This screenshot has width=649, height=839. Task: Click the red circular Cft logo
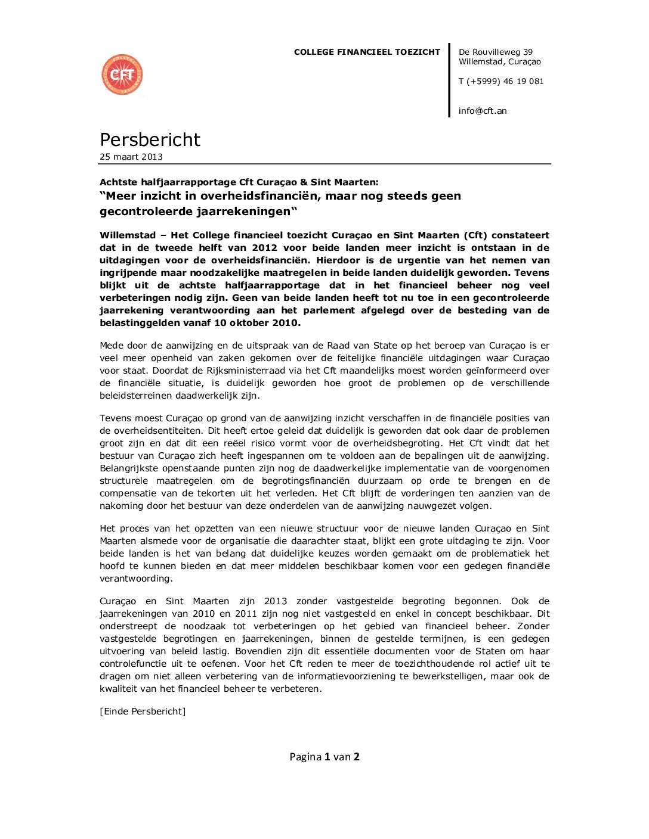(x=122, y=74)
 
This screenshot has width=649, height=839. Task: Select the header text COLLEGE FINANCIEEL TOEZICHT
(x=367, y=52)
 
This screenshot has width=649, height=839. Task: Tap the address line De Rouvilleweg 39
(x=495, y=52)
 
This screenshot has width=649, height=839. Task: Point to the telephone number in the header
(x=501, y=81)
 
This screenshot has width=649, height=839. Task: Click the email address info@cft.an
(x=483, y=111)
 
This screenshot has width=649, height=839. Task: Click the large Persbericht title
(x=150, y=139)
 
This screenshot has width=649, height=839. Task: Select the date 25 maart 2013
(x=131, y=157)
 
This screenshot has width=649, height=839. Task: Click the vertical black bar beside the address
(x=449, y=80)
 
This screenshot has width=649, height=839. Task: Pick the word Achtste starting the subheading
(x=119, y=182)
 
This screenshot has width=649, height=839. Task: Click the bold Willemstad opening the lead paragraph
(x=128, y=235)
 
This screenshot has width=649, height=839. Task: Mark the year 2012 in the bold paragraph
(x=264, y=248)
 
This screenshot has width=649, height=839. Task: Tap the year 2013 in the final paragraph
(x=276, y=601)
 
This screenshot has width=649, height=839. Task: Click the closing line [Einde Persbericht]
(x=143, y=711)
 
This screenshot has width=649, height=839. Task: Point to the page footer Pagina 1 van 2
(x=324, y=757)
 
